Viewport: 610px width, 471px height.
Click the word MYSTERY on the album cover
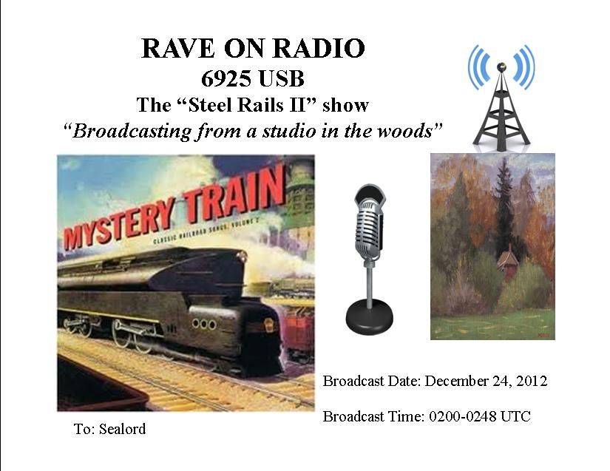(118, 225)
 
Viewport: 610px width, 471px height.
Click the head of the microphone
(370, 223)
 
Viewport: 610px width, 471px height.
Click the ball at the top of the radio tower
(501, 67)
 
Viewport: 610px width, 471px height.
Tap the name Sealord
(122, 429)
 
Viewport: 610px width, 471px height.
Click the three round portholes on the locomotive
(204, 324)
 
